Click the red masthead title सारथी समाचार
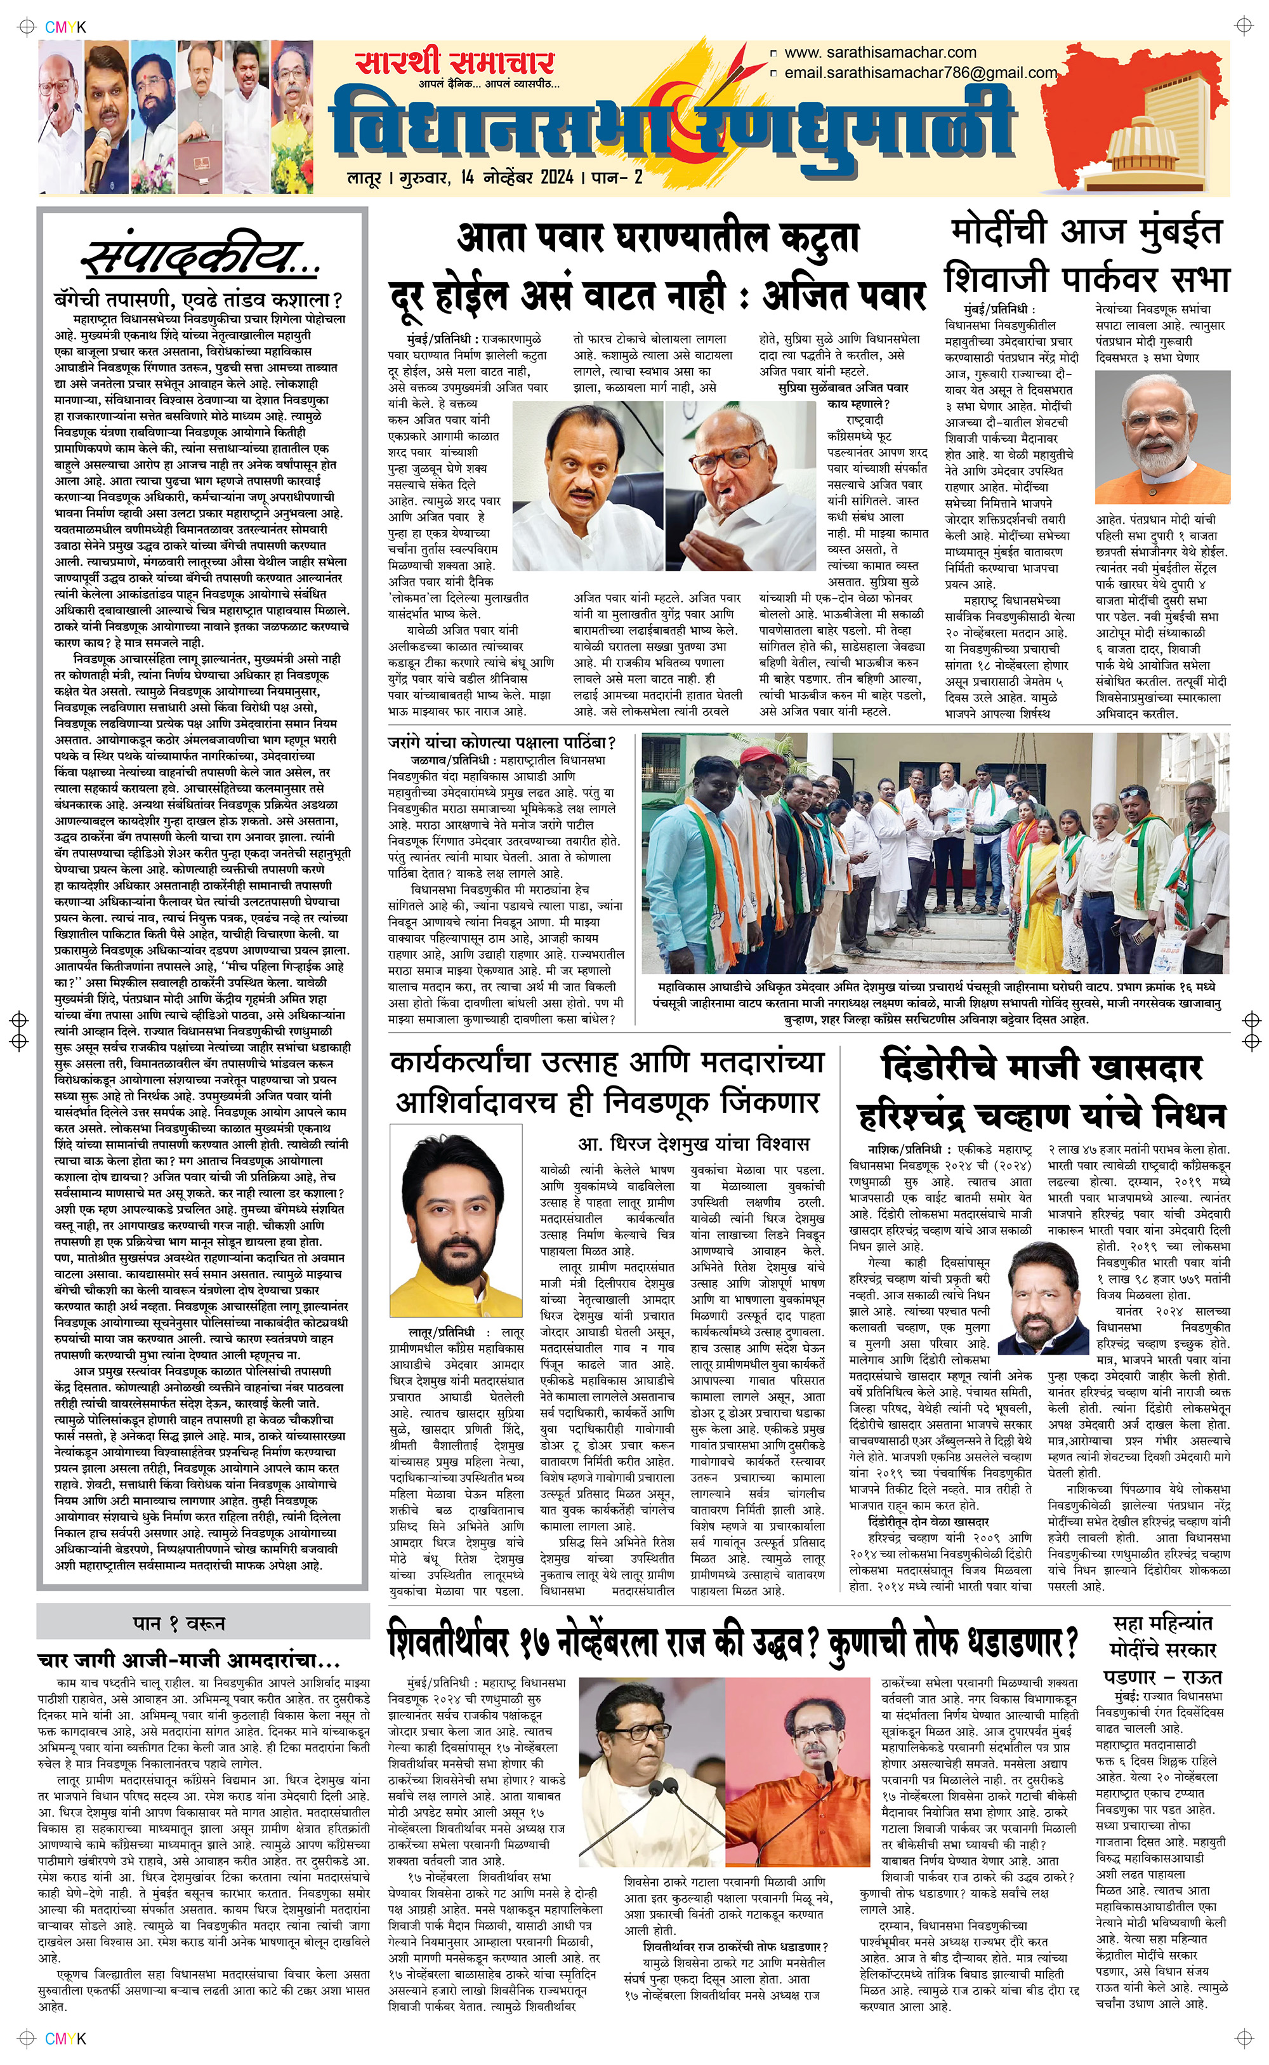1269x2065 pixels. (x=454, y=63)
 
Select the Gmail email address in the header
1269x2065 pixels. (x=920, y=73)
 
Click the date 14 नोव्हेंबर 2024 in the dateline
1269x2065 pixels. (x=517, y=177)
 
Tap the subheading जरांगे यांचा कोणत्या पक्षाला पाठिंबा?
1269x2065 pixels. (x=502, y=743)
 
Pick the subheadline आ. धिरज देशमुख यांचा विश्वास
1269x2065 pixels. (x=694, y=1144)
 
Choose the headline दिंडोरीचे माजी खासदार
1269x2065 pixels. (x=1042, y=1068)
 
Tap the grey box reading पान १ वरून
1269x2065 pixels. (x=203, y=1623)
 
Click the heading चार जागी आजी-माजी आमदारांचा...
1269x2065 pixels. (x=189, y=1661)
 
